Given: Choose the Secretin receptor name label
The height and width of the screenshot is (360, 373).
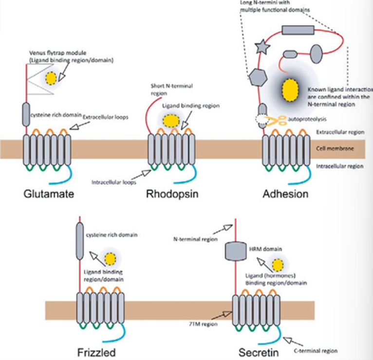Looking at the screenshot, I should [255, 352].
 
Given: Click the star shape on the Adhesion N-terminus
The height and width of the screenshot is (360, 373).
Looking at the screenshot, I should [262, 48].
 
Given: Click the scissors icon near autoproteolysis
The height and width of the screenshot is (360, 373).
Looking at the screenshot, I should [280, 120].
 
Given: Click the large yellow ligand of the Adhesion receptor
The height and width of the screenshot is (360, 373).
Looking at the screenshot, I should [291, 89].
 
